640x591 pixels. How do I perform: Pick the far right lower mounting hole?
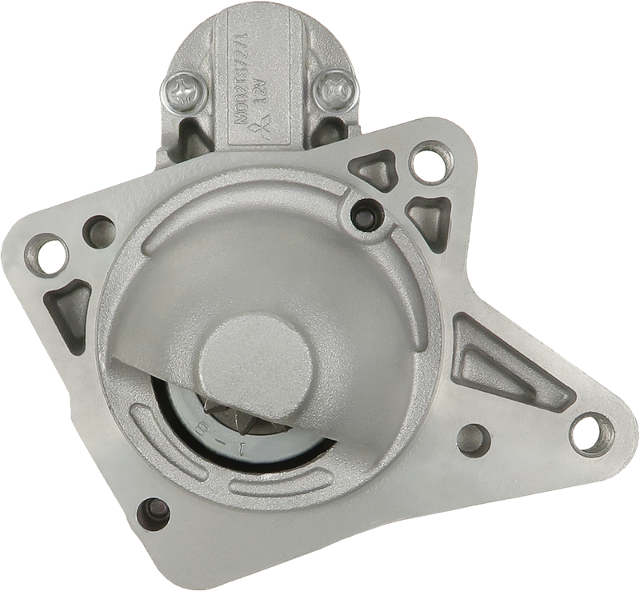591,433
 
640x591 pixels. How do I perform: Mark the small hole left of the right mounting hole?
474,439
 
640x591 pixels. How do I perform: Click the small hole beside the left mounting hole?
100,231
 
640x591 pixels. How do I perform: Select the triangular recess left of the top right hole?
374,170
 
